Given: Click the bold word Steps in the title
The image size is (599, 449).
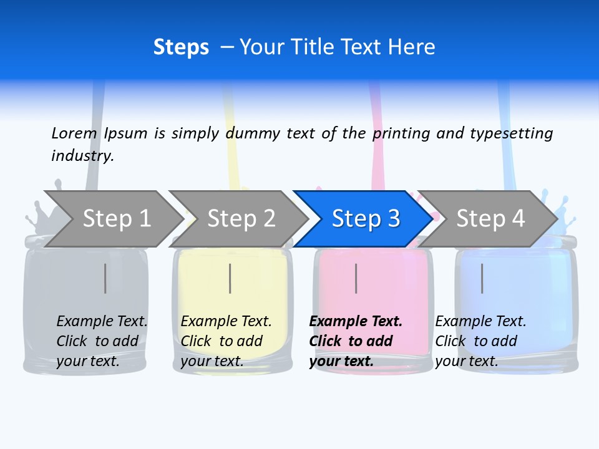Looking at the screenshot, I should click(181, 47).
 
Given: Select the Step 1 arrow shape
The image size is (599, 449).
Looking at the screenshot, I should click(112, 218).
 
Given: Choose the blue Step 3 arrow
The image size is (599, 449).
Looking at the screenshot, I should click(364, 218).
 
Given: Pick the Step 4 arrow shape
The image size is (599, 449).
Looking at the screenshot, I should click(489, 218).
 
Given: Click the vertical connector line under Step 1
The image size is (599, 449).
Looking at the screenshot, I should click(105, 278).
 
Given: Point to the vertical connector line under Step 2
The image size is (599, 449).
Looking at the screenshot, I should click(230, 278).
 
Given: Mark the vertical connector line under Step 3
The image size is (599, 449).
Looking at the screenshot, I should click(356, 278).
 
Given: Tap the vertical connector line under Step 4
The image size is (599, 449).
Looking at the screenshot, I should click(482, 278).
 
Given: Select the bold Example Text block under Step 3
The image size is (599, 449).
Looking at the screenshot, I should click(355, 341).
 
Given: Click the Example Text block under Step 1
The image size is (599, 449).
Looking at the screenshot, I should click(102, 341).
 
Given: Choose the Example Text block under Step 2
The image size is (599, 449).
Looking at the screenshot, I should click(226, 341).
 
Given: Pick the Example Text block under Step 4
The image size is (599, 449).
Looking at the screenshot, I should click(480, 341).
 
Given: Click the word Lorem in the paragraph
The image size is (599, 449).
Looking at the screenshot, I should click(74, 133).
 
